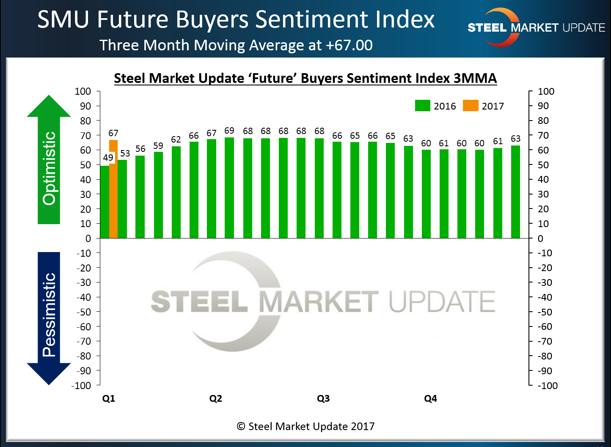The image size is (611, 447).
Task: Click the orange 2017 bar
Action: point(113,189)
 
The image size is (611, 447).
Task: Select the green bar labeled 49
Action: point(105,202)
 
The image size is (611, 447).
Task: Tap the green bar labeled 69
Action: point(229,188)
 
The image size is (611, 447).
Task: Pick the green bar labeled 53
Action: point(122,199)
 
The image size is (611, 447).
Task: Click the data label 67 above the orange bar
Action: point(113,133)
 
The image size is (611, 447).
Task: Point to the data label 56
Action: point(140,149)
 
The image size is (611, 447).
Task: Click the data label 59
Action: point(158,146)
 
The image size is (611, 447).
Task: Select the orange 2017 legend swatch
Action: point(471,106)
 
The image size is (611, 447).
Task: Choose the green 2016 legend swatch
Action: point(423,106)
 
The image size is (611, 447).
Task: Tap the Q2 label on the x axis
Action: point(216,399)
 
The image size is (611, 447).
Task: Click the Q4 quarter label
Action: point(430,399)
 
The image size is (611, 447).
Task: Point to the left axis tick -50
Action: point(84,312)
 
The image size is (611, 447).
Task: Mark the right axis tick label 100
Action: point(546,91)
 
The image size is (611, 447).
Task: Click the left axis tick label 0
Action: point(88,239)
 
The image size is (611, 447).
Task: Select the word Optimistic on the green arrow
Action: point(49,168)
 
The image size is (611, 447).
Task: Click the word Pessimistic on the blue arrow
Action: point(49,315)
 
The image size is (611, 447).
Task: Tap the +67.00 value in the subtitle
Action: point(349,45)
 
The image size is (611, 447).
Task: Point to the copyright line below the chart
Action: point(305,426)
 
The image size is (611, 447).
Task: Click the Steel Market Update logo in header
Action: point(536,27)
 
